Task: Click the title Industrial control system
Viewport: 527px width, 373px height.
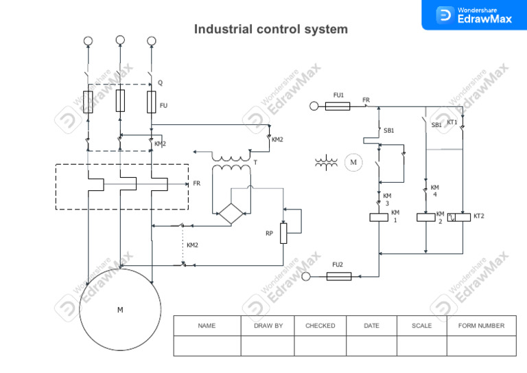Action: [270, 30]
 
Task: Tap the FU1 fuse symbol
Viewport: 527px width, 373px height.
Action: [338, 106]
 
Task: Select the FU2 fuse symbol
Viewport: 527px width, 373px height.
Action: [339, 276]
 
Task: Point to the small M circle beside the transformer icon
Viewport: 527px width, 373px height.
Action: [353, 163]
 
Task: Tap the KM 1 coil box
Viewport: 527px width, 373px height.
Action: [379, 218]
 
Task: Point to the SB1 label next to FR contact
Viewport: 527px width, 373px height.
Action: [389, 130]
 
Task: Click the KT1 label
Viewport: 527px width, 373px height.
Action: [452, 122]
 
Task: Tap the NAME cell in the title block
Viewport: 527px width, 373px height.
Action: [207, 326]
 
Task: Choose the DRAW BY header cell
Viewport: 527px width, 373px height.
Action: [268, 326]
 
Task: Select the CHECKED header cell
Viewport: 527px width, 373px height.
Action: [320, 326]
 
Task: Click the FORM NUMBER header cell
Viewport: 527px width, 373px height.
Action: [481, 326]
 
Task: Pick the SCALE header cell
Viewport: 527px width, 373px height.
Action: [421, 326]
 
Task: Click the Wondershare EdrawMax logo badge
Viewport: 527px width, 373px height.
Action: [474, 14]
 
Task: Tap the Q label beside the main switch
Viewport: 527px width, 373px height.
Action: [161, 83]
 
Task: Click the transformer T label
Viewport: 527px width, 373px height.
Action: [255, 163]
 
